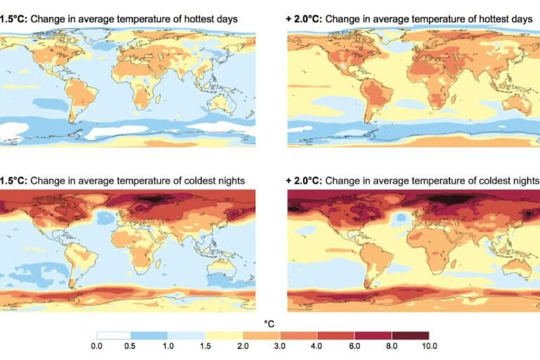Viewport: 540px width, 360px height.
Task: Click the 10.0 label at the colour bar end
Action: tap(430, 346)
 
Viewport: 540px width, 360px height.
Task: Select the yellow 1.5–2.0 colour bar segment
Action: tap(225, 335)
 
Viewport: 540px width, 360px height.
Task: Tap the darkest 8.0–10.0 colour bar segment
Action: tap(411, 335)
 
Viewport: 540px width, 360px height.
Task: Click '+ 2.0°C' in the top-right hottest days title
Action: tap(304, 19)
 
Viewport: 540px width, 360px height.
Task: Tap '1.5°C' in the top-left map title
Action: tap(13, 19)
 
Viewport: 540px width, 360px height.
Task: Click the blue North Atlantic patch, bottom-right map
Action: tap(400, 220)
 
